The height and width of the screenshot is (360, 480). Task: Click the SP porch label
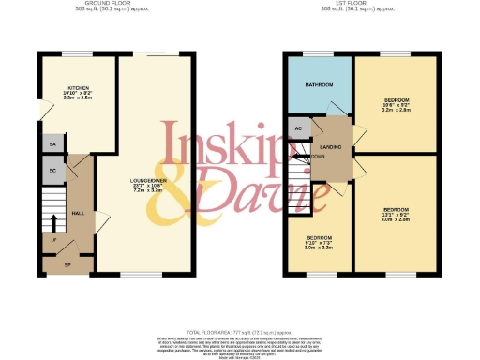67,265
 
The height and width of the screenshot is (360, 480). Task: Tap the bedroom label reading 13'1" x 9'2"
395,213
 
